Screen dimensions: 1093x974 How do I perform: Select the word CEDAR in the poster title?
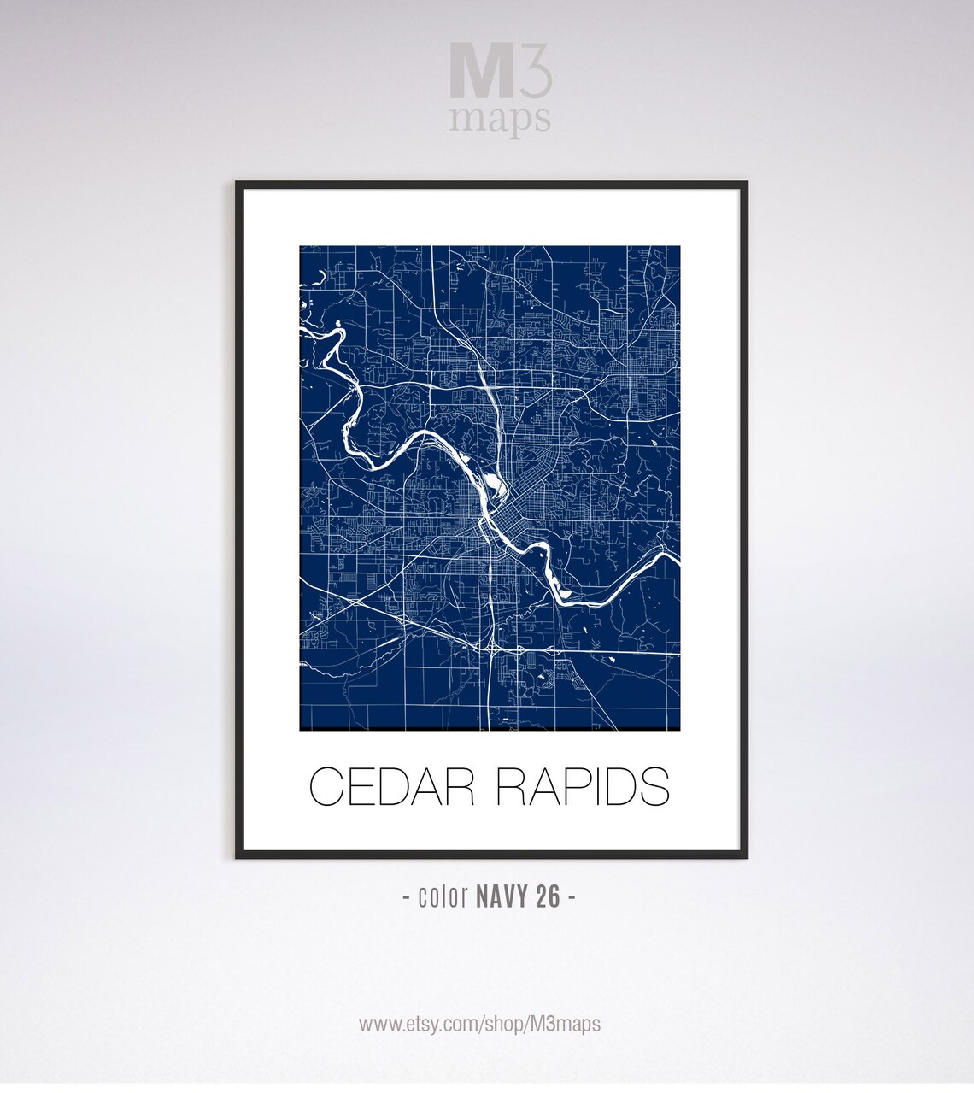pos(391,787)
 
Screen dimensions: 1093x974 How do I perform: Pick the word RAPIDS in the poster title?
pos(583,787)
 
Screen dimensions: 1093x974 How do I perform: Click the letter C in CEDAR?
pos(326,787)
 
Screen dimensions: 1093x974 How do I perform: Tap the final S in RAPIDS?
pos(654,787)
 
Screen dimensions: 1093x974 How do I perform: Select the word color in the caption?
pos(442,897)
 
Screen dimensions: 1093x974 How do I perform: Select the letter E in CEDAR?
pos(359,787)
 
